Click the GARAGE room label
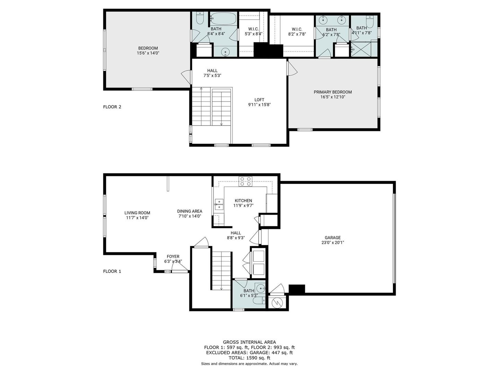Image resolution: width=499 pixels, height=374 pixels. [x=332, y=238]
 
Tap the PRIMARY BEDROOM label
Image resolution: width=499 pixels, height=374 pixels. [x=333, y=92]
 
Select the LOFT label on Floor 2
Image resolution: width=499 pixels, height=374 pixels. [x=259, y=100]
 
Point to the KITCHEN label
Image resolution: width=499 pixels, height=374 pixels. [x=243, y=201]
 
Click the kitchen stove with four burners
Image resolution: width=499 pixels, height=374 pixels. [x=245, y=181]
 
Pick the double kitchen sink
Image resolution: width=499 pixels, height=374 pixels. [x=219, y=204]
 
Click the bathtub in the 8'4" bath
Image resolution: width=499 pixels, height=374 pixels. [x=224, y=19]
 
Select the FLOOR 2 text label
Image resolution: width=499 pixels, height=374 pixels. [x=112, y=107]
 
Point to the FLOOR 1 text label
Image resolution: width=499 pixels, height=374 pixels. [x=112, y=271]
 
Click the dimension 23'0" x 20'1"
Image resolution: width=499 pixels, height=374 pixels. [x=332, y=242]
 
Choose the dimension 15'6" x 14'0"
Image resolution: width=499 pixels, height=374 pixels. [x=148, y=53]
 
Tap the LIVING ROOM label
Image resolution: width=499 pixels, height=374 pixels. [x=137, y=213]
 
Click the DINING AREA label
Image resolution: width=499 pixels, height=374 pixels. [x=190, y=211]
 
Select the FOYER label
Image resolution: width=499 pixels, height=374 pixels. [x=173, y=256]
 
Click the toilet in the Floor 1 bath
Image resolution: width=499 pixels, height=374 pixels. [x=259, y=301]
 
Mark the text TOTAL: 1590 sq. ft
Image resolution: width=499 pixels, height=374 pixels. [x=249, y=358]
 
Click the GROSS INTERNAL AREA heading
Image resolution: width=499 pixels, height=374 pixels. [x=249, y=342]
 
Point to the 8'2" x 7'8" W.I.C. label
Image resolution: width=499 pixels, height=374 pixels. [x=297, y=34]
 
